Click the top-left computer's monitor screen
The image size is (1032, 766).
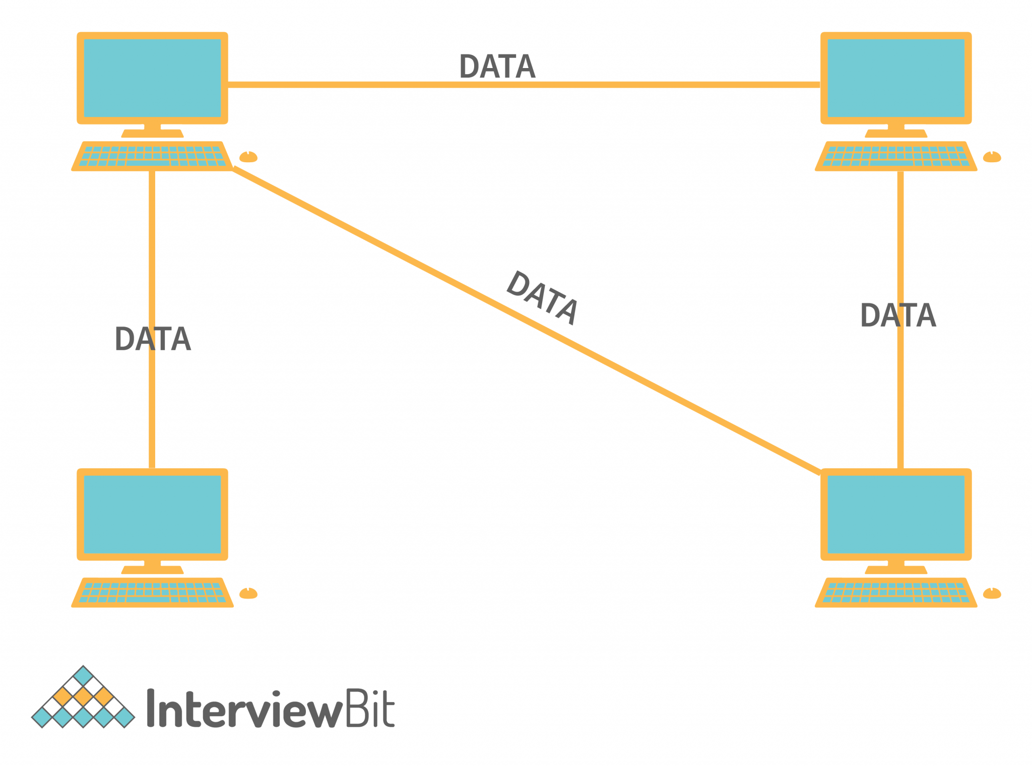click(x=152, y=78)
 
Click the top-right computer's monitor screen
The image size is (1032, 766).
click(x=895, y=78)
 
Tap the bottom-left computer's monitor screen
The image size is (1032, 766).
click(x=152, y=514)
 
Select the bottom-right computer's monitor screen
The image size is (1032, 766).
click(x=895, y=514)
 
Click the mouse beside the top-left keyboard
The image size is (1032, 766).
click(x=248, y=157)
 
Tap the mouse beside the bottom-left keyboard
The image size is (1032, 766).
click(x=248, y=594)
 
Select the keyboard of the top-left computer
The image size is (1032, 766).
click(x=152, y=156)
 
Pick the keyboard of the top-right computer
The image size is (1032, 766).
click(x=895, y=156)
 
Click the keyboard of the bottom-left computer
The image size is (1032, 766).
click(x=152, y=593)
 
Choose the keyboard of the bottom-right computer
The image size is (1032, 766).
click(x=895, y=593)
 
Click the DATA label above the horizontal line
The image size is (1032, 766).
click(x=497, y=67)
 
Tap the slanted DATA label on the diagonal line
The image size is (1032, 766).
click(x=542, y=298)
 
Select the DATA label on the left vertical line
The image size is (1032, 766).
click(x=153, y=339)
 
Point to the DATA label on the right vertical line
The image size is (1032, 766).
click(x=897, y=315)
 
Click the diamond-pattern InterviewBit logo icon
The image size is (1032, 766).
click(x=83, y=698)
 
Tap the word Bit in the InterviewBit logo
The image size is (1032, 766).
click(x=370, y=708)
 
